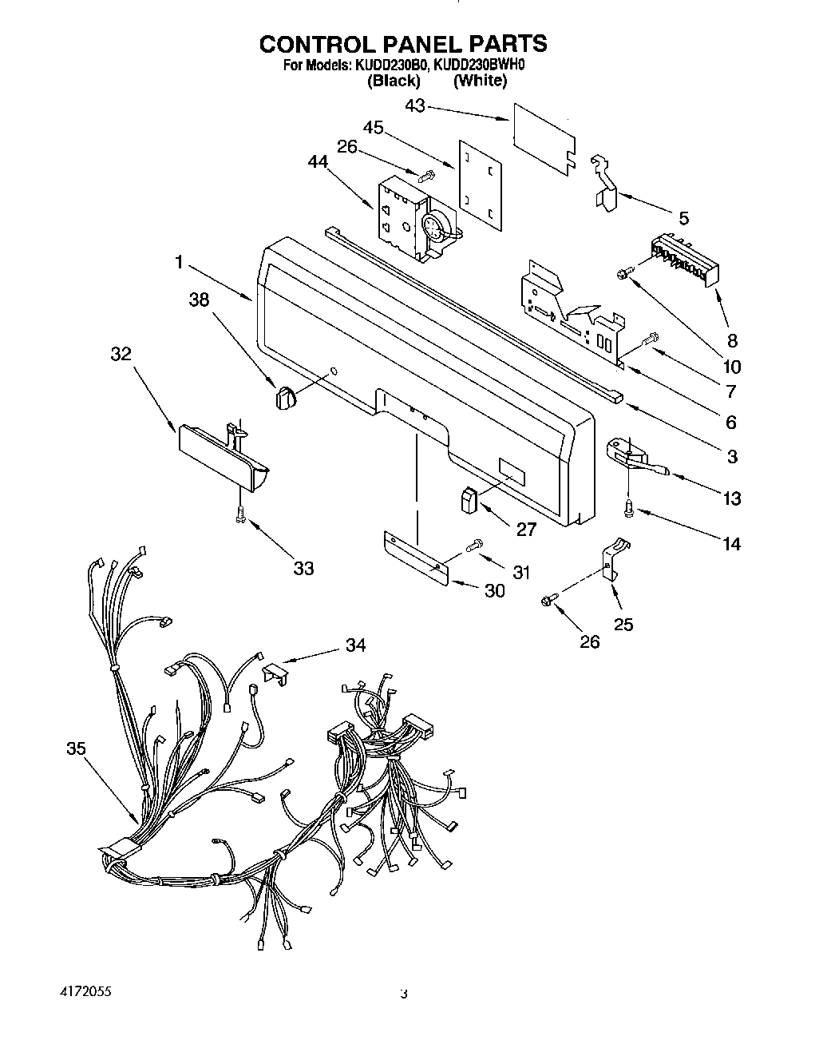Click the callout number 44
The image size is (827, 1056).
318,161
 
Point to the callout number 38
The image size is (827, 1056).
200,300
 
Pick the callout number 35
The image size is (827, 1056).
76,748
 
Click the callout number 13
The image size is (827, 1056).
731,498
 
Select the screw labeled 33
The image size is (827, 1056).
239,517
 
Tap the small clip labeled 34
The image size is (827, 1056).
273,673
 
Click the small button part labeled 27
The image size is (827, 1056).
468,501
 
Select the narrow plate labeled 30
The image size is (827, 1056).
414,556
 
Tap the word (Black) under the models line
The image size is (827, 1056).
393,81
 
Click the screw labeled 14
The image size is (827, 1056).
630,507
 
